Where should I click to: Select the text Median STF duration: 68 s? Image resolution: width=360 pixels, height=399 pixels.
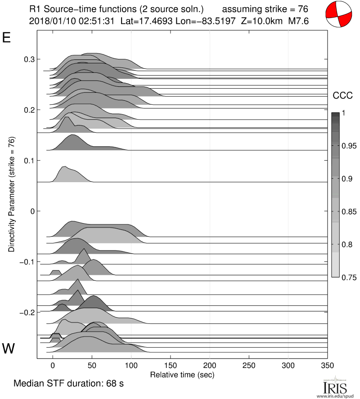pos(68,384)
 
